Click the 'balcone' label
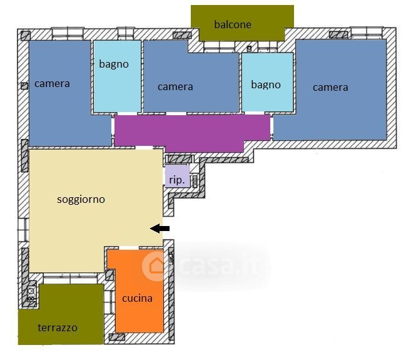233,24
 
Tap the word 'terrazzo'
58,327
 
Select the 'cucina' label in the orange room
138,298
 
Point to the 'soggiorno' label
81,200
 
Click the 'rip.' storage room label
176,180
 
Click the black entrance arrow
160,229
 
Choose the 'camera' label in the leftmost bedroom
52,84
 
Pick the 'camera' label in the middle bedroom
175,87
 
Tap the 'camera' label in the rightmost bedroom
330,88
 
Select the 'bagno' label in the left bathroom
114,64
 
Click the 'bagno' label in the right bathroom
266,85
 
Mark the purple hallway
192,130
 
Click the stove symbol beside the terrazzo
31,294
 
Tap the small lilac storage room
177,177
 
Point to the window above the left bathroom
126,33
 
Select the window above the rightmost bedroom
367,33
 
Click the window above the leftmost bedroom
68,34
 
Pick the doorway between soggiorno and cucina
129,248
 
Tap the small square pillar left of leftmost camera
24,86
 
